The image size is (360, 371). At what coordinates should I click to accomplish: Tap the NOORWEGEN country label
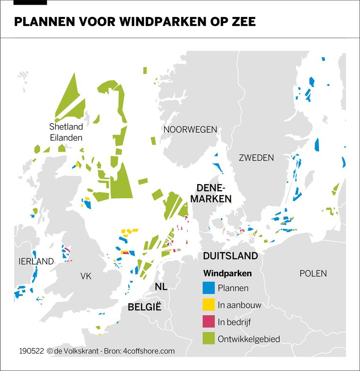[x=190, y=129]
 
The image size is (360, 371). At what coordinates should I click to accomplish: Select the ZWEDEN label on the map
[x=256, y=158]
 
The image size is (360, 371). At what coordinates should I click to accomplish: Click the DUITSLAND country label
[x=230, y=256]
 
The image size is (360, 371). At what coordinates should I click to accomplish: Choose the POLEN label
[x=313, y=273]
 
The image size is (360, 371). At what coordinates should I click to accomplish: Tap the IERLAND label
[x=36, y=261]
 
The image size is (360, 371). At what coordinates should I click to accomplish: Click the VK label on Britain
[x=86, y=276]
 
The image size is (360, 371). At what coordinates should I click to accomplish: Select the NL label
[x=161, y=287]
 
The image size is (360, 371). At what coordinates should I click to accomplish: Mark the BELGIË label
[x=144, y=307]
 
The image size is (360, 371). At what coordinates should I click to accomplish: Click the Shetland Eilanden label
[x=66, y=132]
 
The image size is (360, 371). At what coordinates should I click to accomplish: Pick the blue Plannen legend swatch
[x=208, y=288]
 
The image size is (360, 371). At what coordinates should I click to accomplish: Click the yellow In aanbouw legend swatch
[x=208, y=305]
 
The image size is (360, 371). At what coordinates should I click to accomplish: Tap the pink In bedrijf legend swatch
[x=208, y=322]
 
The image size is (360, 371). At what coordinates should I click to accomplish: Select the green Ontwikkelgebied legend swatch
[x=208, y=339]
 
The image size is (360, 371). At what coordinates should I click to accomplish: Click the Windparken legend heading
[x=227, y=273]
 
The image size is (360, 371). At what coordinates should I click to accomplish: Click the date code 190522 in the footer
[x=32, y=351]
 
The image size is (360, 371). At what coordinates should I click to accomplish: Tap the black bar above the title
[x=31, y=2]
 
